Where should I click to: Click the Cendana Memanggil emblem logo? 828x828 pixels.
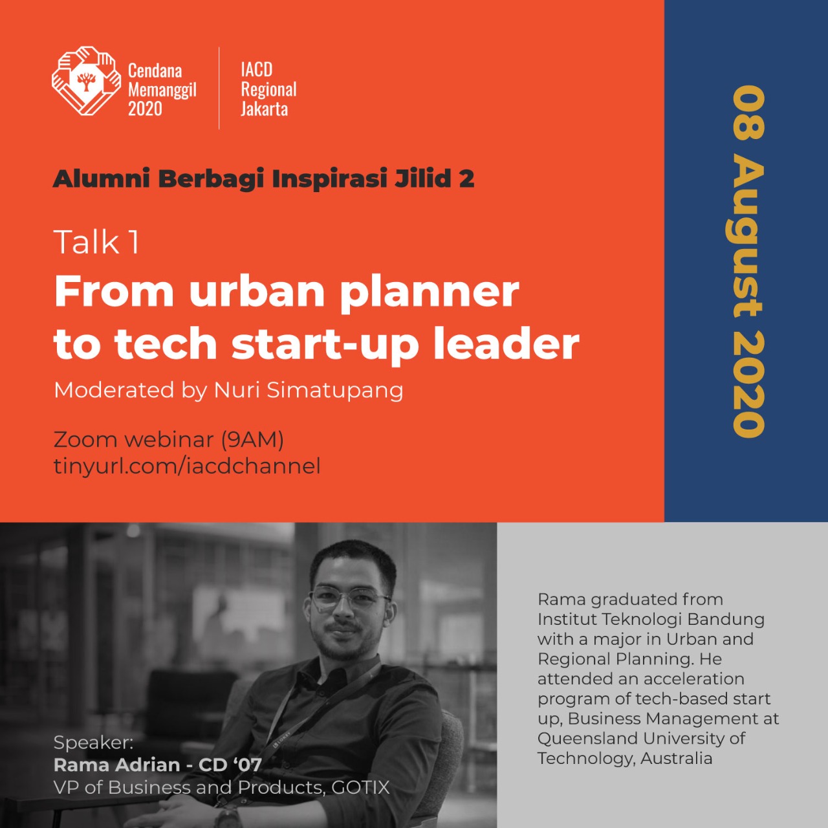[86, 82]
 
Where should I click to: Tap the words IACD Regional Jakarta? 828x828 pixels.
[268, 89]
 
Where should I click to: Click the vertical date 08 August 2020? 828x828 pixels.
[748, 261]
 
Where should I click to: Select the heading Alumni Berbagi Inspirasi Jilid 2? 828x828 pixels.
[263, 179]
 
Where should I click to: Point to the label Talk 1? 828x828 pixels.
[96, 242]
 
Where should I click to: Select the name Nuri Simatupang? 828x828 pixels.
[309, 391]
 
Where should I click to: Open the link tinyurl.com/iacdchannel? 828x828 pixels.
[187, 466]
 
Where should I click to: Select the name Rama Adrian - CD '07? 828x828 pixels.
[158, 765]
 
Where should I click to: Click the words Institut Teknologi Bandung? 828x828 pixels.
[651, 620]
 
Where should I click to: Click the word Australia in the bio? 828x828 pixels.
[676, 758]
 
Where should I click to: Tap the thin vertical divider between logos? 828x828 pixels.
[219, 88]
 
